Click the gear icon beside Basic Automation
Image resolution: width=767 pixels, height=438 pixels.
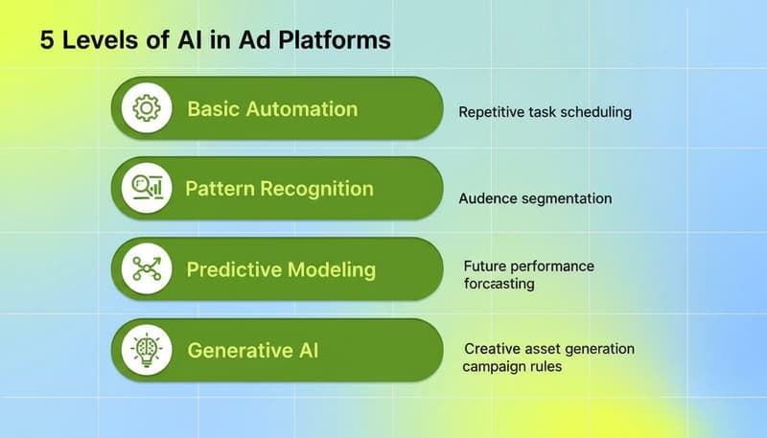[x=147, y=108]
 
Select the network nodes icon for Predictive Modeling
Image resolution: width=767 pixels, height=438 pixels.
[x=147, y=269]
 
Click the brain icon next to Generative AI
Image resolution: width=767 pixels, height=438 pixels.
[x=147, y=350]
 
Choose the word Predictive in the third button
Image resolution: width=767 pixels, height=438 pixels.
[x=233, y=269]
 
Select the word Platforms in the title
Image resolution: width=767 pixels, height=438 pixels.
[x=339, y=41]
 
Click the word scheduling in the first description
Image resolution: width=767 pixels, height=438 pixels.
[x=597, y=112]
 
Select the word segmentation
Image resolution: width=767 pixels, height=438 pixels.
[x=567, y=199]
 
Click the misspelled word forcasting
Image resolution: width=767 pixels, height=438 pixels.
[x=499, y=284]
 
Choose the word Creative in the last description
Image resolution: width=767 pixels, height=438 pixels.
[x=491, y=349]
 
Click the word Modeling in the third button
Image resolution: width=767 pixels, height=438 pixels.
[x=331, y=269]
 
